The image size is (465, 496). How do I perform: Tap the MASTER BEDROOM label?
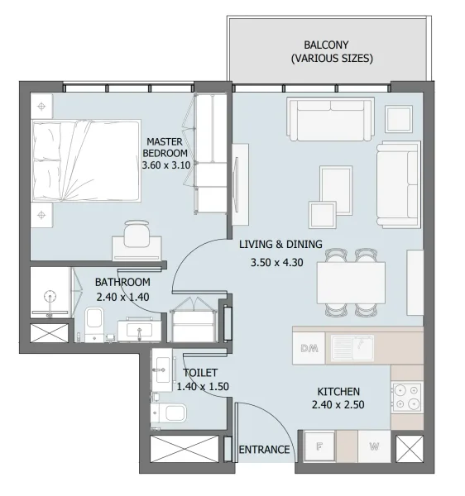(x=165, y=147)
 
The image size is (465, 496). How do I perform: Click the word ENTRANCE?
(x=264, y=451)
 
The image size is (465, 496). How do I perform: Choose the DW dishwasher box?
(x=309, y=347)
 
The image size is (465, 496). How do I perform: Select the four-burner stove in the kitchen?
(x=406, y=397)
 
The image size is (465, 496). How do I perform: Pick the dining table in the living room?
(x=351, y=282)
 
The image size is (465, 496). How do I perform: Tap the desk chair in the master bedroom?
(x=137, y=231)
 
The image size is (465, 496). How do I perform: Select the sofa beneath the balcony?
(x=330, y=118)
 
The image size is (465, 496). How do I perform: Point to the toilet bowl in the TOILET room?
(x=172, y=413)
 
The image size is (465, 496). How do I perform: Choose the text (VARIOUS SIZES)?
(x=331, y=59)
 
